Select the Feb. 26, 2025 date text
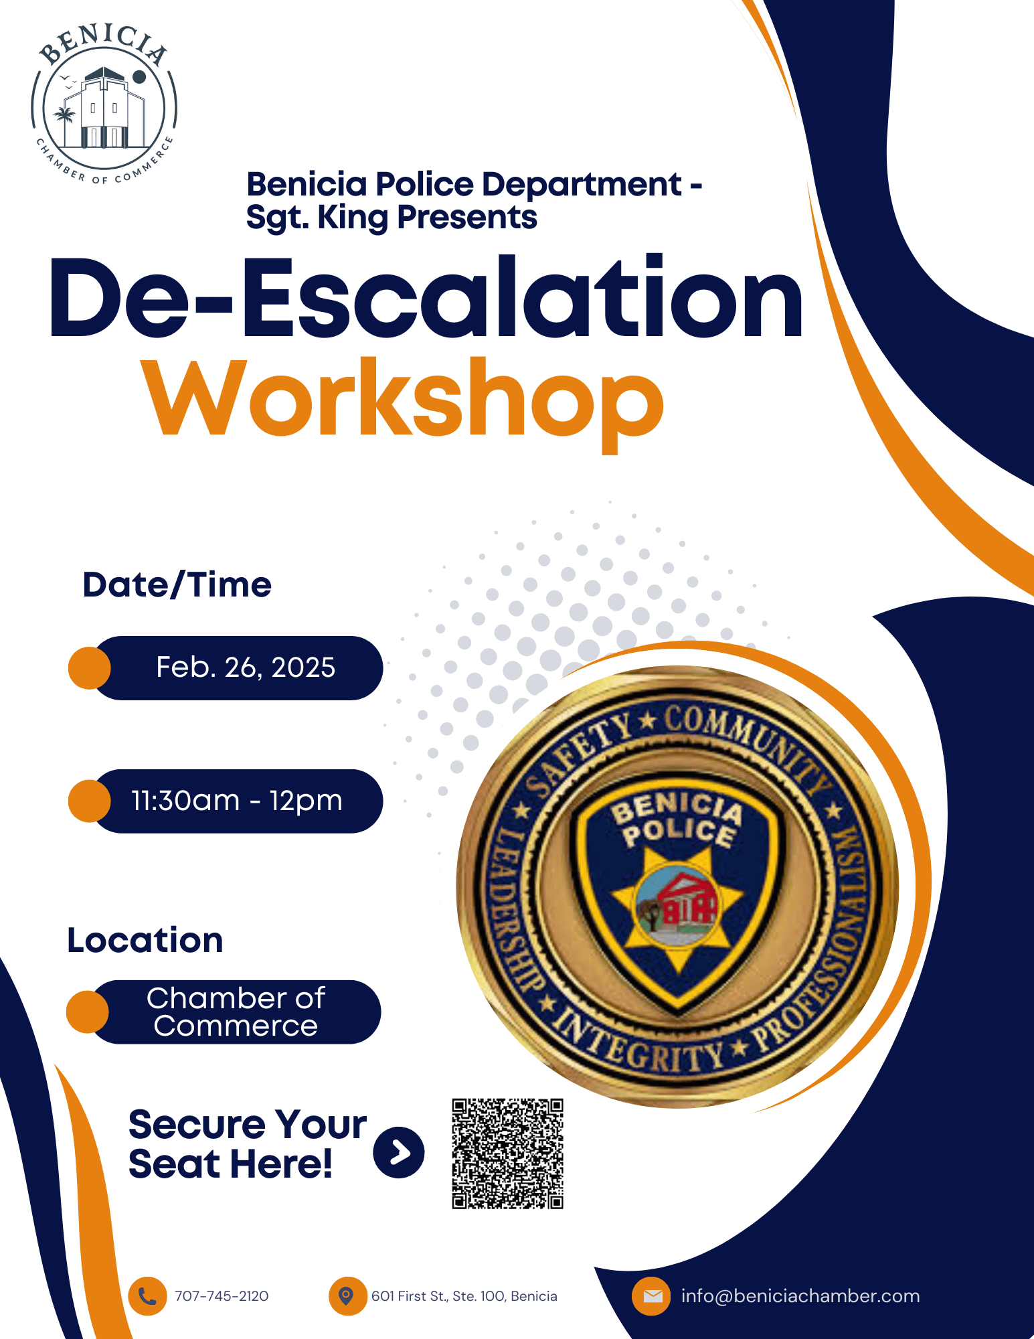(246, 667)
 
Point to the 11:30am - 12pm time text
(237, 801)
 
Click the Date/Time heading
(177, 585)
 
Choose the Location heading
(145, 940)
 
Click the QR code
(507, 1153)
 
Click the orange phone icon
(147, 1296)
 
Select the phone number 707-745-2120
(222, 1296)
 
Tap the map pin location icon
(347, 1296)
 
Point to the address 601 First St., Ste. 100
(439, 1296)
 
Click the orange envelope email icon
(652, 1296)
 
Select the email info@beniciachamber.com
(800, 1296)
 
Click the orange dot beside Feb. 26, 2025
(90, 668)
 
